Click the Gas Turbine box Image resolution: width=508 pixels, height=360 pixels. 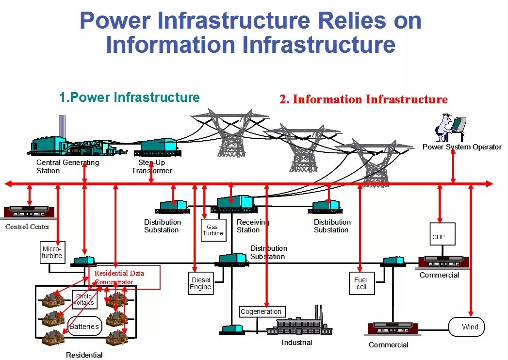coord(213,230)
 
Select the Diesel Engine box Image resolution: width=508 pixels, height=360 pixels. coord(200,283)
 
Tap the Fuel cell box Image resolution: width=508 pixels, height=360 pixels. coord(361,283)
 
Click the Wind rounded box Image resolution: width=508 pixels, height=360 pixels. coord(467,327)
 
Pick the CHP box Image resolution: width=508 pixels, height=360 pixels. coord(442,234)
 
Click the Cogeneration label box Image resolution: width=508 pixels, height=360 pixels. coord(262,311)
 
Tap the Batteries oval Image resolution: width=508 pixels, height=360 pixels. coord(84,327)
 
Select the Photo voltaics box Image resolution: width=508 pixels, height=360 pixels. coord(84,299)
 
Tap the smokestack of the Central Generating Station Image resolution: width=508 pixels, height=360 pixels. coord(63,127)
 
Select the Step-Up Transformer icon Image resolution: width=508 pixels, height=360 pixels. coord(158,147)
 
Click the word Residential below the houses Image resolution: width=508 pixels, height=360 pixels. coord(84,355)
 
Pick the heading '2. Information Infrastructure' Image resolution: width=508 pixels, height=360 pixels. coord(363,99)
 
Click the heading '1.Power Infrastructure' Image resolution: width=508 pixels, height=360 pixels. coord(129,98)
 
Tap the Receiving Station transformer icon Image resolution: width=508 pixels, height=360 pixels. coord(235,203)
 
